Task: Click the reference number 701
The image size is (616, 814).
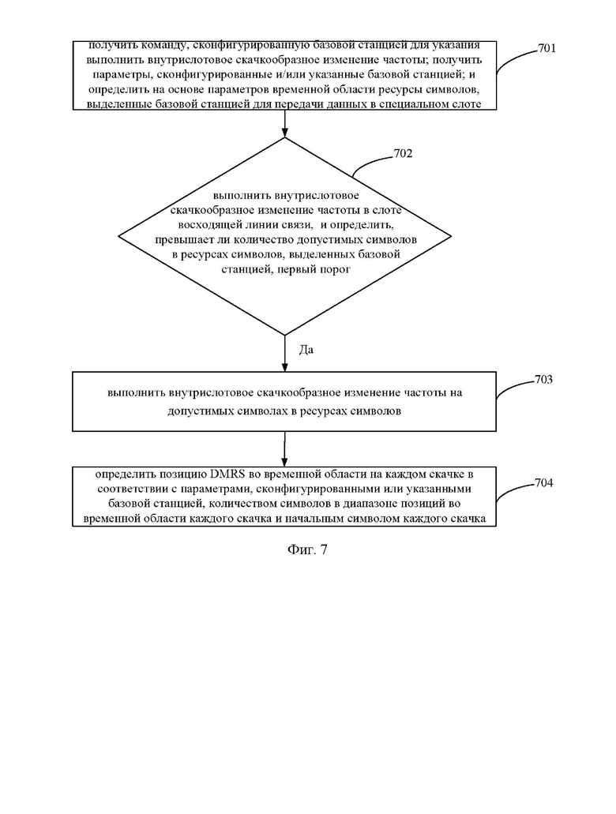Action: tap(547, 48)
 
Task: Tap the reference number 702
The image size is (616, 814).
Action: tap(403, 154)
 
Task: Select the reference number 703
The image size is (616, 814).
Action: tap(543, 380)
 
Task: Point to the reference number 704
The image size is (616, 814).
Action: tap(543, 482)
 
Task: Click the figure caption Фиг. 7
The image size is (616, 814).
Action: tap(307, 550)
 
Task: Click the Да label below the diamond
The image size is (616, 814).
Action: tap(306, 350)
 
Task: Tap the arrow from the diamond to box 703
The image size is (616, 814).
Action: tap(284, 354)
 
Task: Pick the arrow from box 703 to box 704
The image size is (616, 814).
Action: tap(284, 449)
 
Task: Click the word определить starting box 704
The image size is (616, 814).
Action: tap(122, 474)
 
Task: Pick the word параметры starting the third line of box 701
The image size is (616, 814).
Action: tap(126, 75)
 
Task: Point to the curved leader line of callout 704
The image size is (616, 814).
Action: tap(514, 490)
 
